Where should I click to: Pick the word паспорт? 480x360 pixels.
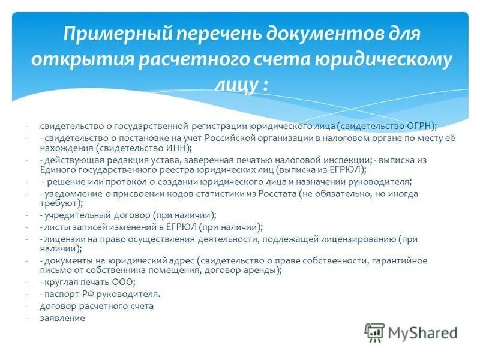[62, 294]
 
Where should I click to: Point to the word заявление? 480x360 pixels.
[62, 318]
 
